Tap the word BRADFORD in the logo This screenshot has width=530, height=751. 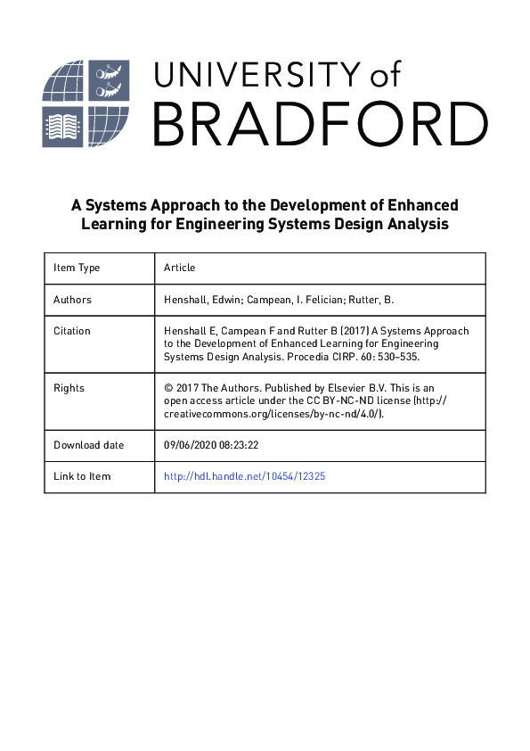point(320,125)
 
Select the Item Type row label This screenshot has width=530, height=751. point(77,268)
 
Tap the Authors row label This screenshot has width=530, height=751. point(72,300)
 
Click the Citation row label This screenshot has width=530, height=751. point(72,331)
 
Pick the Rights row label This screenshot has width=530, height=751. point(69,388)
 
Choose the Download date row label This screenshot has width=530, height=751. point(89,445)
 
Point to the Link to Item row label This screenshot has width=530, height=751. point(82,476)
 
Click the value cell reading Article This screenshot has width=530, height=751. point(179,268)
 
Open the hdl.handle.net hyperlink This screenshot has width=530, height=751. point(245,476)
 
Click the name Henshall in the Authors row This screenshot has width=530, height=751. point(188,300)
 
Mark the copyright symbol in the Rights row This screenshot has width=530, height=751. point(168,388)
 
